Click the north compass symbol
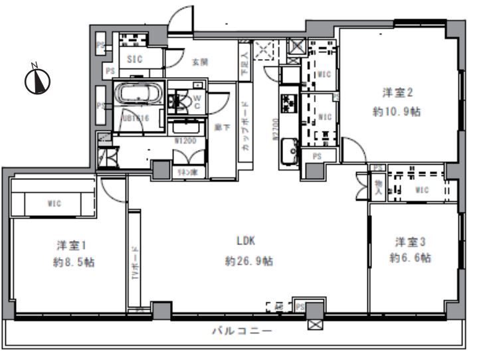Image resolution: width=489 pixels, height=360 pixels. click(39, 80)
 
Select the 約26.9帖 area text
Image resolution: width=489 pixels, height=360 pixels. click(248, 261)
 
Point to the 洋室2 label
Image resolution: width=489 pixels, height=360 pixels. click(393, 92)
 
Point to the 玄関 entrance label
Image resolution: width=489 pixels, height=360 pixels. click(201, 62)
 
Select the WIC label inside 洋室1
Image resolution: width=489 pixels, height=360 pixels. click(54, 204)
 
